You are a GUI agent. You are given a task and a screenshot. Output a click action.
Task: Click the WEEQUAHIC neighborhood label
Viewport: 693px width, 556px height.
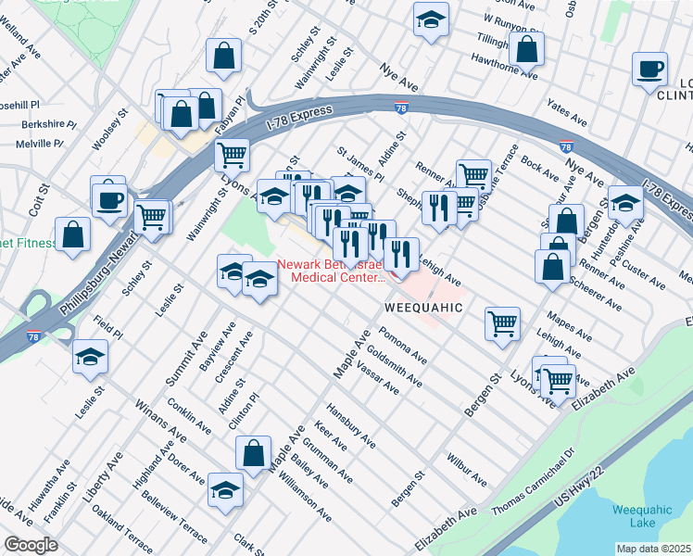pos(422,307)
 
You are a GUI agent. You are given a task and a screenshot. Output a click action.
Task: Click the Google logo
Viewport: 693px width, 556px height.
pos(31,545)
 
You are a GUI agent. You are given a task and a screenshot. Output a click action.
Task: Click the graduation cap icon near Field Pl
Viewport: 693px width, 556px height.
pos(91,356)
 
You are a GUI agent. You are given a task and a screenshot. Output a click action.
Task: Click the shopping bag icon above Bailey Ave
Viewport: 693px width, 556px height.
pos(253,454)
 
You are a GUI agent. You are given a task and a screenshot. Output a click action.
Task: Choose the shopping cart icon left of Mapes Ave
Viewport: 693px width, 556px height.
pos(502,323)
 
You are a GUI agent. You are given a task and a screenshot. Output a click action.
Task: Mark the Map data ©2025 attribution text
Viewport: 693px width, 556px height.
pos(654,549)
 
